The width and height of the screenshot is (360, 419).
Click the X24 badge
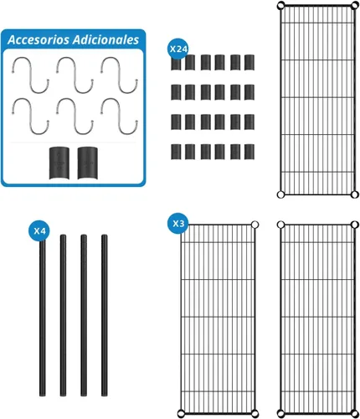(x=178, y=49)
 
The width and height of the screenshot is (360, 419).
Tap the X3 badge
(x=178, y=224)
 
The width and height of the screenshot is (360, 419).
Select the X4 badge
(x=39, y=231)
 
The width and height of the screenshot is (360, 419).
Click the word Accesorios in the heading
(x=39, y=39)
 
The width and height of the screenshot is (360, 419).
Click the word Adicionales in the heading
(x=105, y=39)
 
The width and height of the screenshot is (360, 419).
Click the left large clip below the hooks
(x=59, y=163)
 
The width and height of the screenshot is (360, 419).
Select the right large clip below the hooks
(x=88, y=163)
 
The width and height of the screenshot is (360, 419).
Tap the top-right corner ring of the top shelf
(x=355, y=5)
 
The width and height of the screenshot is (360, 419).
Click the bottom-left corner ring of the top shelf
(x=280, y=194)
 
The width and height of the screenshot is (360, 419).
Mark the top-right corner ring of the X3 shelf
(x=255, y=225)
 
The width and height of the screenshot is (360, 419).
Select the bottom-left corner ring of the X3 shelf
(x=181, y=413)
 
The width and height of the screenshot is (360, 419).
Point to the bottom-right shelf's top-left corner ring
(x=280, y=225)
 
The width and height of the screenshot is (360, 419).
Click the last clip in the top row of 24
(x=249, y=62)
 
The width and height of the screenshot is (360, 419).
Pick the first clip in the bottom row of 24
(x=176, y=152)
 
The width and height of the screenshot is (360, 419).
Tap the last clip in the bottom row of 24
(x=249, y=152)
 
